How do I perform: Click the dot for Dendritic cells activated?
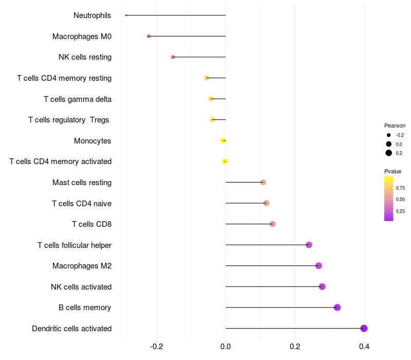click(x=364, y=329)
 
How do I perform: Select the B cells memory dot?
click(x=337, y=308)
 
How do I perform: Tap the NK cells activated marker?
click(x=322, y=286)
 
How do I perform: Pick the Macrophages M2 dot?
click(x=319, y=266)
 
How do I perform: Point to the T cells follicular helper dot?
click(x=309, y=245)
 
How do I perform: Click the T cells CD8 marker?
click(x=272, y=224)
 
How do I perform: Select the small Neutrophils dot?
click(x=126, y=15)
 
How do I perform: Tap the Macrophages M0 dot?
click(x=148, y=37)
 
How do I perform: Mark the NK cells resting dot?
click(x=173, y=57)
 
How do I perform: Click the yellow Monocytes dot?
click(x=223, y=140)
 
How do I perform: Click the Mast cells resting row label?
click(x=82, y=183)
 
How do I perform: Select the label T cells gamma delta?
click(x=78, y=99)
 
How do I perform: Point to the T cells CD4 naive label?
click(x=82, y=203)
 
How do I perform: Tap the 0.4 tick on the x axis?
click(x=364, y=347)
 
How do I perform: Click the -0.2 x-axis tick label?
click(x=156, y=347)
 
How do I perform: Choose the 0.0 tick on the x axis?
click(x=226, y=347)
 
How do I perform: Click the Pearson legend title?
click(x=395, y=125)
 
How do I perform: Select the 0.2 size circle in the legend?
click(x=389, y=153)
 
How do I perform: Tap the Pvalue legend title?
click(x=393, y=171)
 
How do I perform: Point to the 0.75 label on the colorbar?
click(x=400, y=188)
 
